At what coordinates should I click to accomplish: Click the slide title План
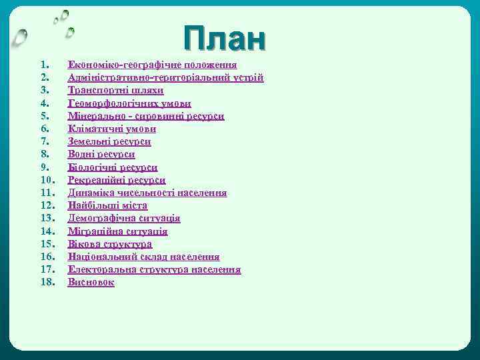225,39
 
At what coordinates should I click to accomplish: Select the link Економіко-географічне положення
153,65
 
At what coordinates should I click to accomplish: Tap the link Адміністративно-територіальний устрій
166,78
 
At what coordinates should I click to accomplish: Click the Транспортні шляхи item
116,91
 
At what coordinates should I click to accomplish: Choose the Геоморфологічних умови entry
129,103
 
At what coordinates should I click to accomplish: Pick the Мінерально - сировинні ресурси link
146,116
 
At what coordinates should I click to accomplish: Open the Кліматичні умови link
112,129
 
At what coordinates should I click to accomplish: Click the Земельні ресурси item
109,141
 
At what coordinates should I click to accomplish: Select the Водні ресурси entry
101,154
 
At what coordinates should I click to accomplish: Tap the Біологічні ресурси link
113,167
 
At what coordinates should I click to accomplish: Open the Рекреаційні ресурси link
117,180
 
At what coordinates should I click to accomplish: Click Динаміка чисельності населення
147,193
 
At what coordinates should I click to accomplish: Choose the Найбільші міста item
107,205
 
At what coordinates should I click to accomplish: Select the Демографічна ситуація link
124,218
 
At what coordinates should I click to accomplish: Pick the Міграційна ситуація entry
118,231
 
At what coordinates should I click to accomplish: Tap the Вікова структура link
110,244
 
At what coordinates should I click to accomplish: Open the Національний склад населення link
144,257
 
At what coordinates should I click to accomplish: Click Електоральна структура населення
155,269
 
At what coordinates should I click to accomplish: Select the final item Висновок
91,282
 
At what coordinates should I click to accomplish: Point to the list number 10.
47,180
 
